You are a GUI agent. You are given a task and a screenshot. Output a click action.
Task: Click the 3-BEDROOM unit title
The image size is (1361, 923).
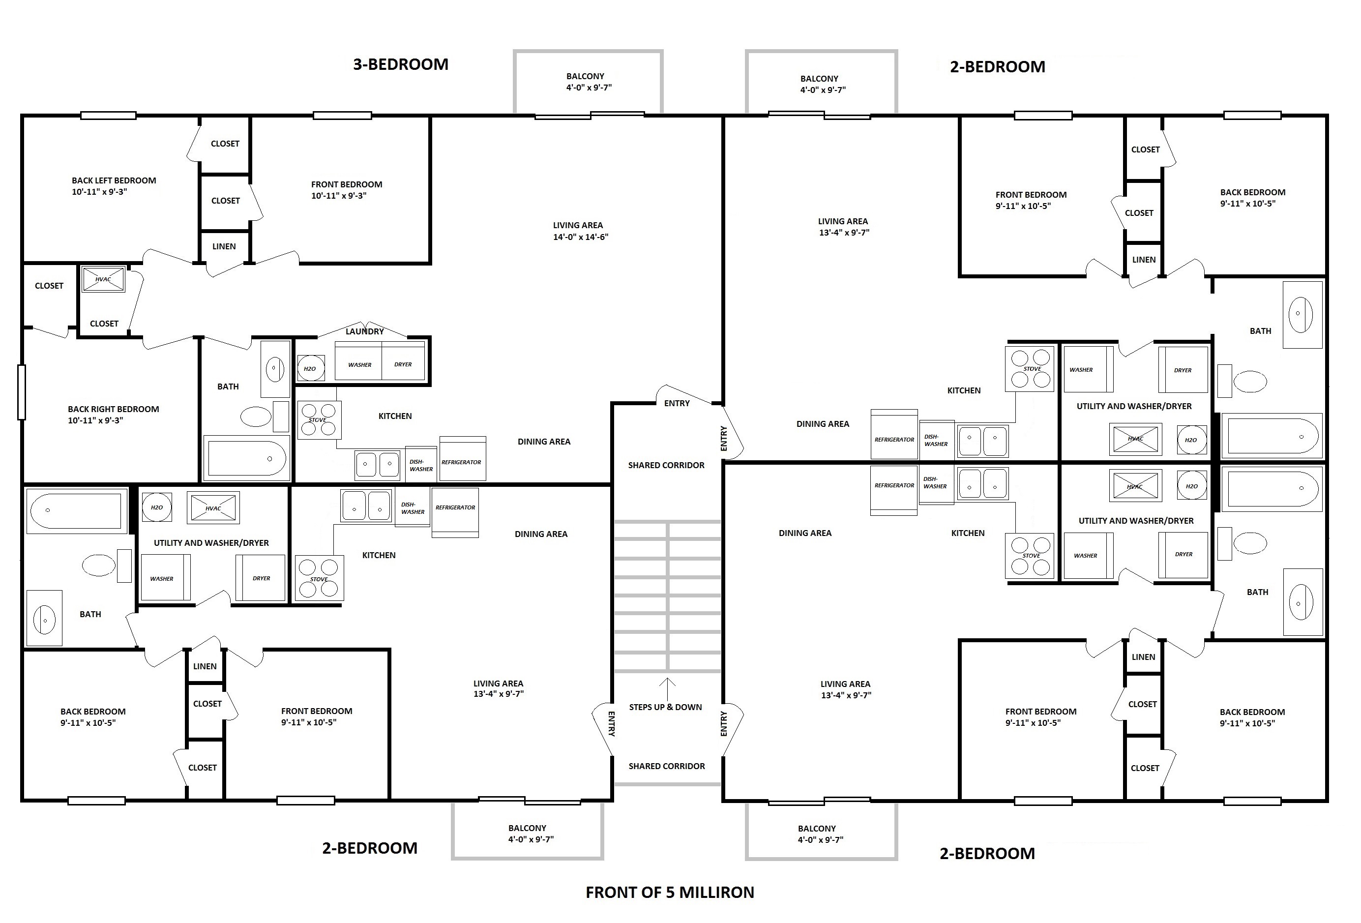tap(401, 64)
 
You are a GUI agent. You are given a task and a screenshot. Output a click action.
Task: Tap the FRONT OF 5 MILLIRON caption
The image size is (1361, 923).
tap(670, 892)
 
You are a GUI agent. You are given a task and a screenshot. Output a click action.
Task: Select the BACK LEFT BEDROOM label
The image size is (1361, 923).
tap(114, 180)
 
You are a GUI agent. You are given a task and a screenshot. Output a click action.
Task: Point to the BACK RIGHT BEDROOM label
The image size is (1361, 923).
tap(114, 409)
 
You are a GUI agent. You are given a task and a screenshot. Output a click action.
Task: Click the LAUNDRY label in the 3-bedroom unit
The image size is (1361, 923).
tap(365, 331)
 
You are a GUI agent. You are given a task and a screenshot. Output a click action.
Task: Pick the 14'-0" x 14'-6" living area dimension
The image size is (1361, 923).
tap(581, 237)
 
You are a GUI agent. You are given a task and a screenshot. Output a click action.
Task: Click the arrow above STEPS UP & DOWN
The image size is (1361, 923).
tap(668, 689)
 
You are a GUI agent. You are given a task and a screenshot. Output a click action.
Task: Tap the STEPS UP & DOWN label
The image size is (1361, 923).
tap(665, 707)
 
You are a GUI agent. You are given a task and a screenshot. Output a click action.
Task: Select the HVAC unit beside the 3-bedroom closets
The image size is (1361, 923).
tap(103, 279)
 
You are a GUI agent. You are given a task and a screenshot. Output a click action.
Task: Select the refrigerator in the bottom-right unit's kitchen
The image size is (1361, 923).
tap(894, 490)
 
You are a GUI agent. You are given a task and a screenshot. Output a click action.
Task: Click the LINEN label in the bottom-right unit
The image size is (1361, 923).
tap(1143, 657)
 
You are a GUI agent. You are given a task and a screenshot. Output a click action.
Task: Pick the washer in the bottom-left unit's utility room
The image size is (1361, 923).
tap(166, 577)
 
